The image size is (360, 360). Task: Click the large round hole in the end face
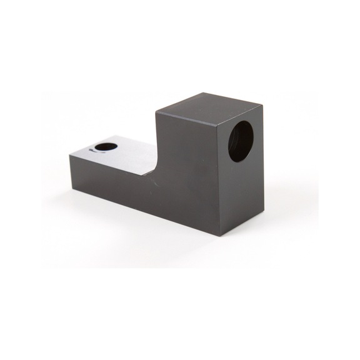coord(241,141)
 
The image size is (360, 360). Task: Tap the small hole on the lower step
coord(104,147)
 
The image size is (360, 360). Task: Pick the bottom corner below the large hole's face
coord(220,235)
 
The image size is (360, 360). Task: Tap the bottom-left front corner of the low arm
coord(71,186)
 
